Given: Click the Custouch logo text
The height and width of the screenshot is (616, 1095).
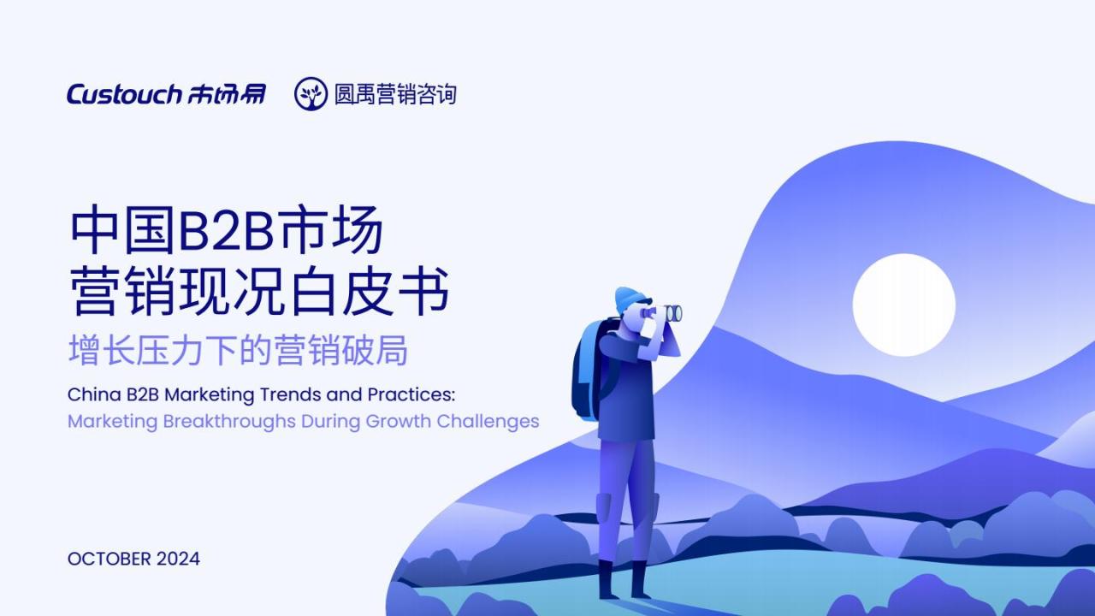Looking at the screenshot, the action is click(x=124, y=94).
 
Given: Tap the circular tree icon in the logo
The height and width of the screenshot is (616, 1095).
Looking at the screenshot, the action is click(x=311, y=94).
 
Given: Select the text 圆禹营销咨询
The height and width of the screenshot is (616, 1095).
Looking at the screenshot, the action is click(x=395, y=94).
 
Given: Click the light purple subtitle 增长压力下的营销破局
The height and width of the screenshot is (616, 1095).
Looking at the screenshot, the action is click(x=238, y=350).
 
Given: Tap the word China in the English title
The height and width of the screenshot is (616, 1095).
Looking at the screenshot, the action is click(x=94, y=394).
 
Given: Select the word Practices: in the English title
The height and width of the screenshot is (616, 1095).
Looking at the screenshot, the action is click(x=411, y=394).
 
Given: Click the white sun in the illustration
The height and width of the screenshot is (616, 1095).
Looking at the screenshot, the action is click(x=904, y=305).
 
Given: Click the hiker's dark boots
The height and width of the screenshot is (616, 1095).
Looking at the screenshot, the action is click(x=624, y=580).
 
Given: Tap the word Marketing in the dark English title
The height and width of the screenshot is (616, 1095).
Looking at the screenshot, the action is click(x=210, y=395).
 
